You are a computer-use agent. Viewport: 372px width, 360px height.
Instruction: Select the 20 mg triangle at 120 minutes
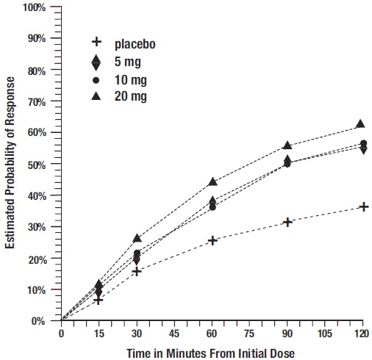pos(360,125)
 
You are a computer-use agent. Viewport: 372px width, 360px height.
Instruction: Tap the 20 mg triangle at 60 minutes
pos(212,181)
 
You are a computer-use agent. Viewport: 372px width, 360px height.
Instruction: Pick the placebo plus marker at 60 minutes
pos(212,240)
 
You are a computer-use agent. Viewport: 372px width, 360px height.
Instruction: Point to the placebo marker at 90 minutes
pos(287,222)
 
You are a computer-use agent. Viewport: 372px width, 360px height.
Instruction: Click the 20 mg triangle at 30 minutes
pos(137,238)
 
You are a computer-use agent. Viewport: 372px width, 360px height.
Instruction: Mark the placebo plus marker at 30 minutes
pos(137,271)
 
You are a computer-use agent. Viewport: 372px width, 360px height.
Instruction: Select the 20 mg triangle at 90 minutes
pos(287,145)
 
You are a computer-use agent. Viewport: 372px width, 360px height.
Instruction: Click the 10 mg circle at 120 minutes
pos(363,143)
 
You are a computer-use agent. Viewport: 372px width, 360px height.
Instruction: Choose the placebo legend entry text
pos(135,43)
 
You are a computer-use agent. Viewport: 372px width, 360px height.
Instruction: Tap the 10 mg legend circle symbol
pos(96,79)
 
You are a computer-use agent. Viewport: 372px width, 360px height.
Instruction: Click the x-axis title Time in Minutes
pos(212,351)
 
